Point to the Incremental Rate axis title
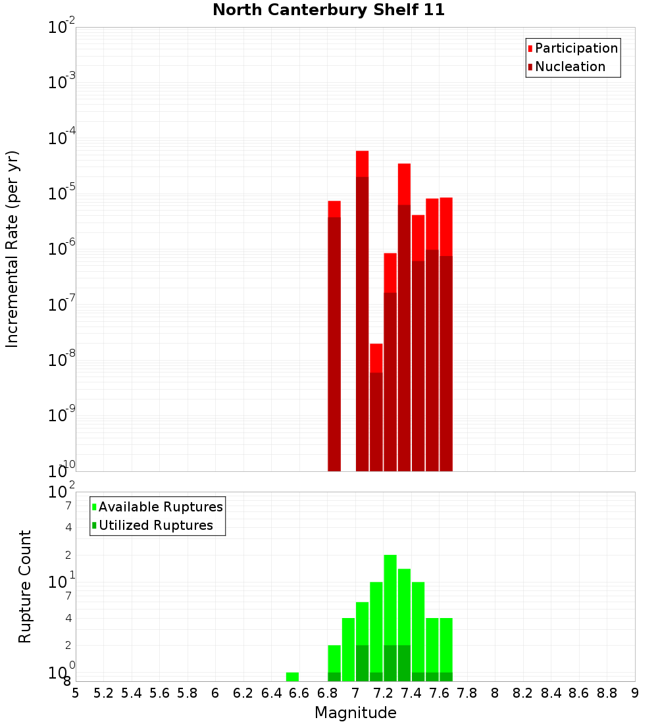tap(13, 249)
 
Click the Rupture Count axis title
tap(25, 586)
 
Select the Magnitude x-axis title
tap(355, 713)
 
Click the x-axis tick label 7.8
tap(467, 693)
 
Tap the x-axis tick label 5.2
tap(103, 693)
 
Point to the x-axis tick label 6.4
tap(272, 693)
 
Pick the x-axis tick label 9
tap(635, 693)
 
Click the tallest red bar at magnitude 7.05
tap(362, 309)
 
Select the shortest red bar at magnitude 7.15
tap(376, 408)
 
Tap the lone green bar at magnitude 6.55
tap(292, 677)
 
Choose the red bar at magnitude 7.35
tap(404, 316)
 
